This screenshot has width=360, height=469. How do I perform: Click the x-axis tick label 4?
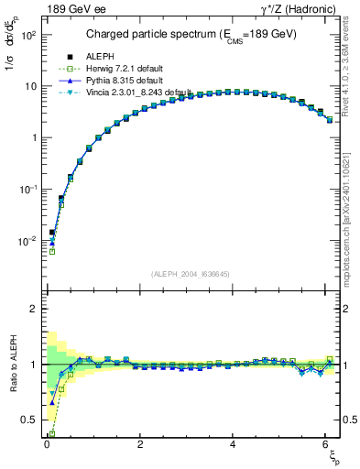coord(234,443)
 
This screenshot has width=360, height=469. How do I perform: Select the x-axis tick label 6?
coord(327,443)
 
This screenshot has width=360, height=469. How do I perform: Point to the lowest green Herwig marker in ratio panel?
coord(52,432)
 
